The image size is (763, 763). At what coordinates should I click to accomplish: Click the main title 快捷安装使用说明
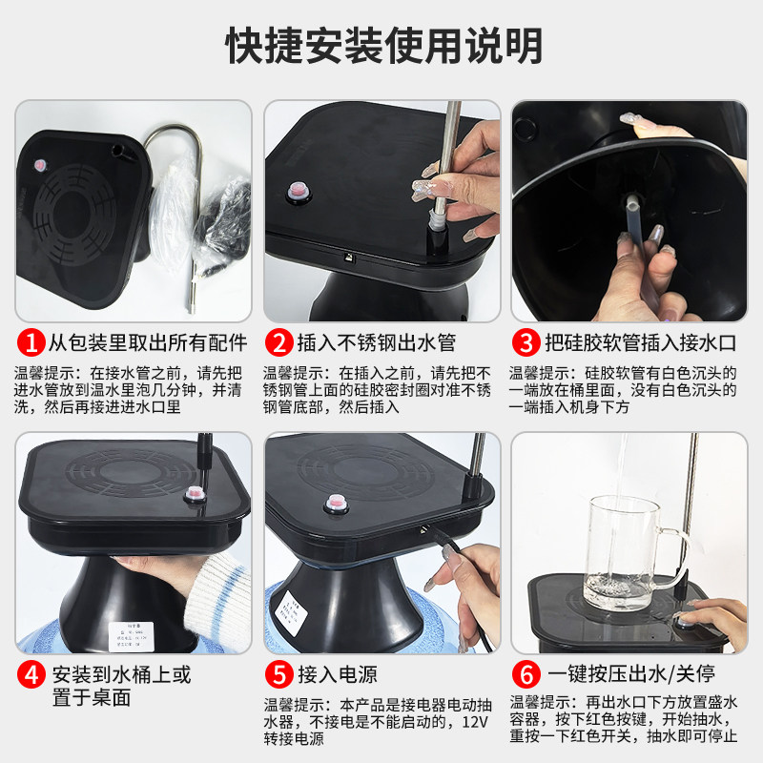381,43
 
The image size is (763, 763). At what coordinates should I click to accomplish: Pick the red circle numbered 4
31,675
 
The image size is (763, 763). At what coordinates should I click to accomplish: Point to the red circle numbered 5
279,675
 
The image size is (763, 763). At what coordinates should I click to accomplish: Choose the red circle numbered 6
526,675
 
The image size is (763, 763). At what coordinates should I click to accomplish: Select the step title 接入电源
339,675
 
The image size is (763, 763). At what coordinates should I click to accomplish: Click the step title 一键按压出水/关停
629,675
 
